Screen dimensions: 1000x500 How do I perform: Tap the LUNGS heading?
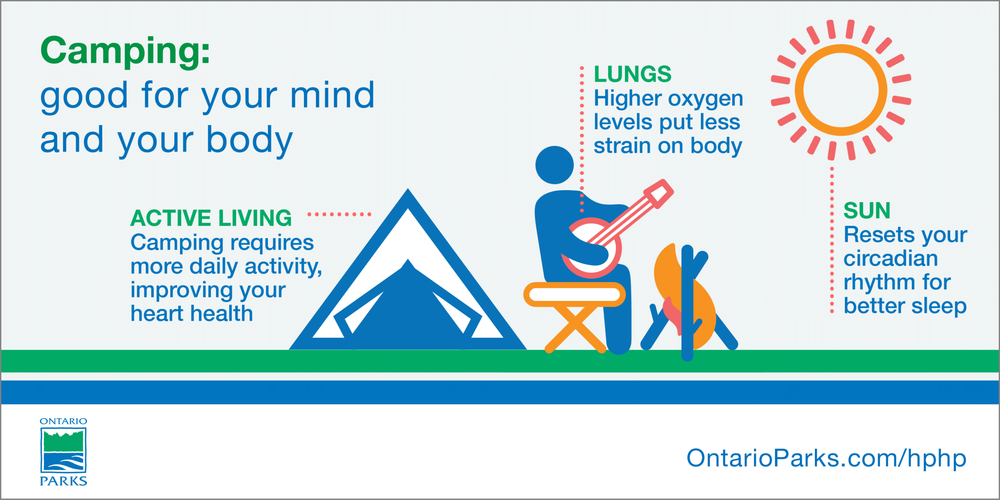(x=632, y=74)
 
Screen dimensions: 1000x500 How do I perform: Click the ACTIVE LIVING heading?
(x=211, y=218)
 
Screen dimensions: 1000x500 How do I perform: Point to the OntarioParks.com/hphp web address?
(x=827, y=458)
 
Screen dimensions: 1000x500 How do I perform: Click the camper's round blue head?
(x=555, y=165)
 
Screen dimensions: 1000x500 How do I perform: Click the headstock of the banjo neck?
(x=659, y=193)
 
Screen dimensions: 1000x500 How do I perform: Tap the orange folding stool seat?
(x=574, y=295)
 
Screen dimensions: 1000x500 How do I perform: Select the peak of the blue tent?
(x=408, y=189)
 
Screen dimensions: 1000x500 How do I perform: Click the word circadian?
(x=891, y=259)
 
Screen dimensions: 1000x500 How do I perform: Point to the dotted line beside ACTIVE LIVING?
(x=339, y=214)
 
